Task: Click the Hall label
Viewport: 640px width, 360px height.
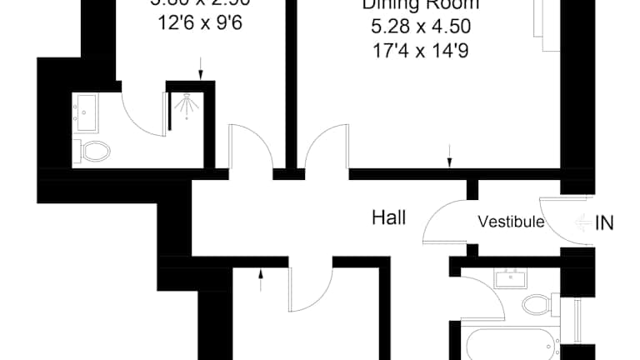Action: point(388,218)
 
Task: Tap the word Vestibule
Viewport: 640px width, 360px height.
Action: point(511,222)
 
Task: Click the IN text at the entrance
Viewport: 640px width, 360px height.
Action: point(606,222)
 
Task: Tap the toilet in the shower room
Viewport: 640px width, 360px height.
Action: point(93,151)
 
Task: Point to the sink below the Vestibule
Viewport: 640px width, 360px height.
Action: point(508,278)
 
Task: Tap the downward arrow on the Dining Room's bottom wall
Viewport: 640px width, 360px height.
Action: point(450,155)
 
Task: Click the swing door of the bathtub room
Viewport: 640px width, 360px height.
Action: point(483,296)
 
